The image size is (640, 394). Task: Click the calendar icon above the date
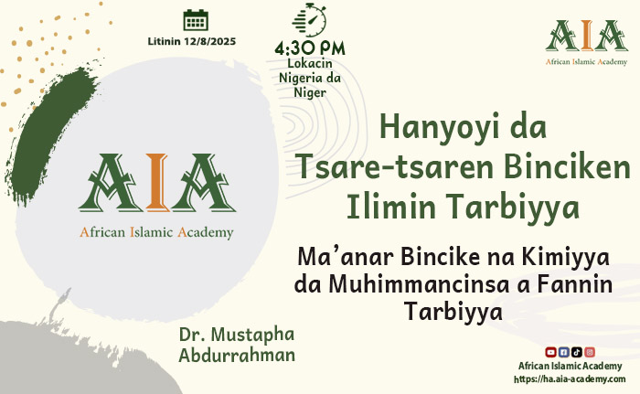(196, 20)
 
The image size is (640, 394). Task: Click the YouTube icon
(550, 352)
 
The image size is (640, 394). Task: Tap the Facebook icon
(563, 352)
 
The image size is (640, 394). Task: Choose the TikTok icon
(577, 352)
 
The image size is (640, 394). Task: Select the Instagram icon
(590, 352)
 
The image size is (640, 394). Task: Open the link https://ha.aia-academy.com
(570, 379)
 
